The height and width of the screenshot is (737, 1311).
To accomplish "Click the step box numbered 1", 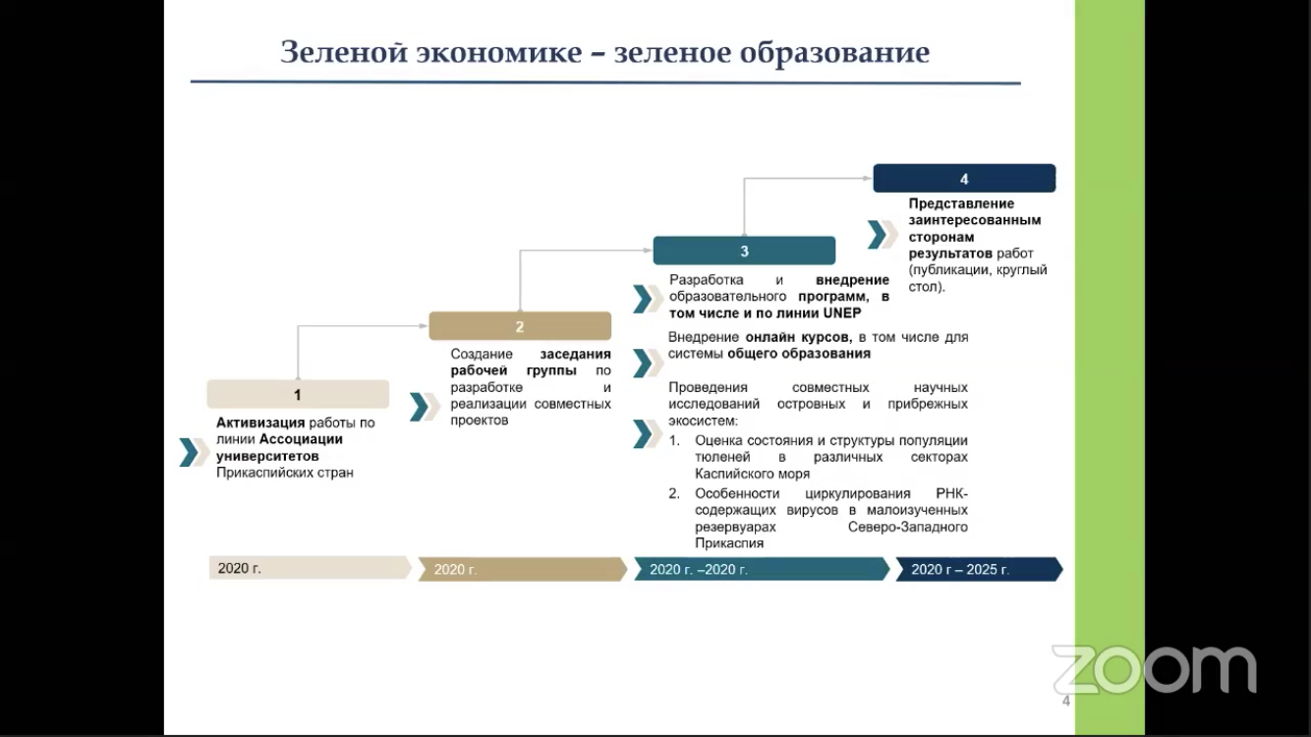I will tap(298, 394).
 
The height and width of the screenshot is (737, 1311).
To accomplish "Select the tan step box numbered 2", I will tap(520, 326).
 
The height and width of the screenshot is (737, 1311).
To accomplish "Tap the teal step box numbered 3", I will tap(744, 251).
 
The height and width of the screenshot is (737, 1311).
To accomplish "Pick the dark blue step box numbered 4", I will tap(964, 179).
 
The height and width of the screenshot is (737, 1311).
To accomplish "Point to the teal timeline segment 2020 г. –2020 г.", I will tap(762, 569).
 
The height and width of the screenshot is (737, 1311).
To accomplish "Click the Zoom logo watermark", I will tap(1154, 670).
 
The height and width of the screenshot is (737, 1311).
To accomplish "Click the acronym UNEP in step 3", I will tap(841, 313).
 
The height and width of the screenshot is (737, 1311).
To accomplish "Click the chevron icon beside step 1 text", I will tap(191, 452).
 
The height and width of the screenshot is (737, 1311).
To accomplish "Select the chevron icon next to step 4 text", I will tap(881, 235).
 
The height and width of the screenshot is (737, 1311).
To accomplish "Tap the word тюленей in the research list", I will tap(722, 458).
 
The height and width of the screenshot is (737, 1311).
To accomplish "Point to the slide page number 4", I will tap(1066, 702).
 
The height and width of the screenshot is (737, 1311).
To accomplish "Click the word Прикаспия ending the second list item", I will tap(729, 542).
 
